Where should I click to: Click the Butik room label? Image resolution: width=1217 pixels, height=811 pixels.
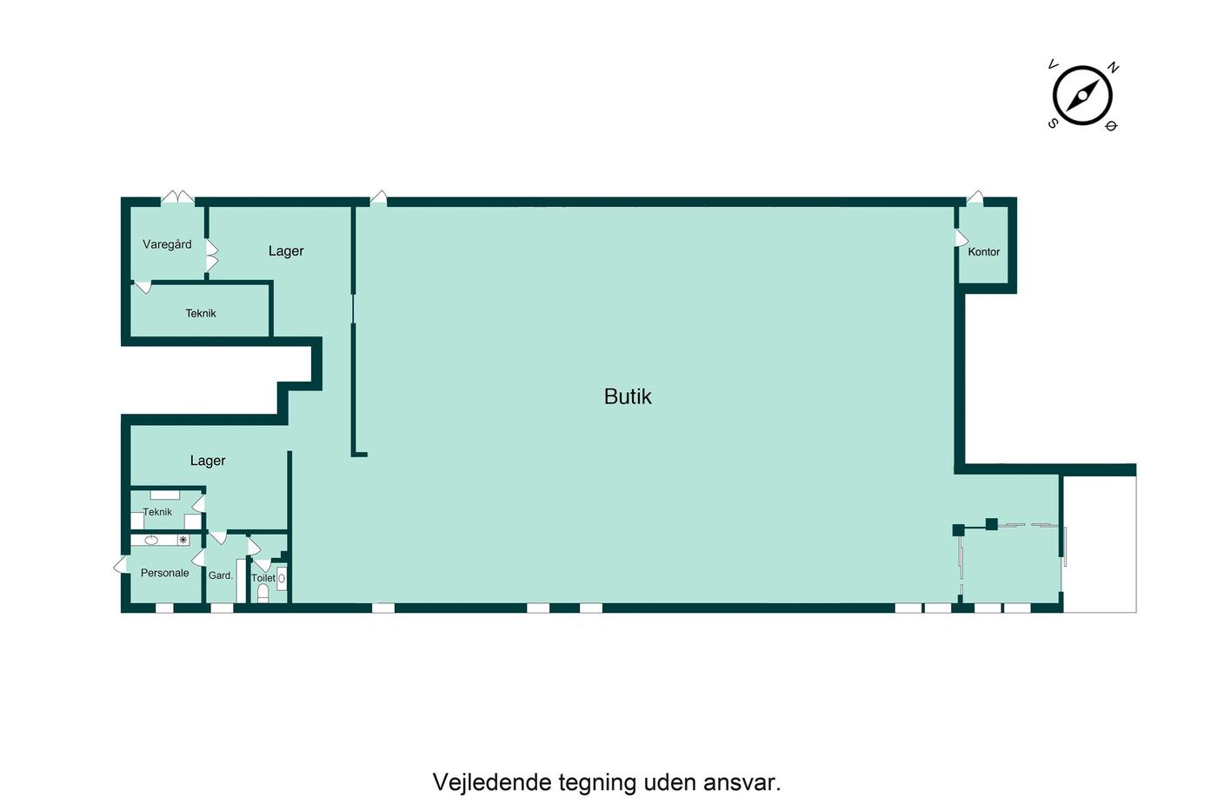click(628, 397)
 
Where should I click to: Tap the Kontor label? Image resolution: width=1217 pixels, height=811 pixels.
click(983, 252)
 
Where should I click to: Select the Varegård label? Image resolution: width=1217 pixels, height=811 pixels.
click(167, 244)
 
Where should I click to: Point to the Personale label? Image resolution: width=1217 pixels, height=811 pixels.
click(164, 573)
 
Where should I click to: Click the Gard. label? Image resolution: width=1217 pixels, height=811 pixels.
click(221, 575)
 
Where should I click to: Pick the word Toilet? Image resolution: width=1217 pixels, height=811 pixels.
click(263, 578)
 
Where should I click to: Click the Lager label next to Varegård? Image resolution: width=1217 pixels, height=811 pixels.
click(286, 251)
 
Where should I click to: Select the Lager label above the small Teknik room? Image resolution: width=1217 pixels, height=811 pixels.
click(208, 461)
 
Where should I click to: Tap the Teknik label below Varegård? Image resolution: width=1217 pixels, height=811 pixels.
click(201, 314)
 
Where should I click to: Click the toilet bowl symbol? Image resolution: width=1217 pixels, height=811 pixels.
click(263, 593)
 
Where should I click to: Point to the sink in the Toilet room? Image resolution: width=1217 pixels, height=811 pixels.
click(282, 579)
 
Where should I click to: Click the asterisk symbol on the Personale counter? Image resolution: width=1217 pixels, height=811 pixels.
click(183, 540)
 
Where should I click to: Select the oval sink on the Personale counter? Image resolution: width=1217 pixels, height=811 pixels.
click(151, 541)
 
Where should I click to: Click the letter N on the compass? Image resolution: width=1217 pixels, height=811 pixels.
click(1113, 67)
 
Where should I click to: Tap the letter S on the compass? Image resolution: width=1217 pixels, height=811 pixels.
click(1053, 123)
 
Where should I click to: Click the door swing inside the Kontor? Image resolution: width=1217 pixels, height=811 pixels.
click(961, 238)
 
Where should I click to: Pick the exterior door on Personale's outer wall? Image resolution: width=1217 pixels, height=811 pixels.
click(121, 564)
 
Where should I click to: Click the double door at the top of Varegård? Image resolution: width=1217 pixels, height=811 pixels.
click(177, 197)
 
